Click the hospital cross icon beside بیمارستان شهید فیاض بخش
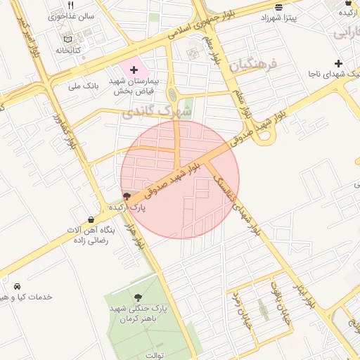(x=134, y=70)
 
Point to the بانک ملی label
(x=82, y=86)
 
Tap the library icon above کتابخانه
(x=67, y=39)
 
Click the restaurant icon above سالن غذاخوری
(x=70, y=6)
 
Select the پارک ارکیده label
(x=127, y=208)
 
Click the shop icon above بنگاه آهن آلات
(x=91, y=219)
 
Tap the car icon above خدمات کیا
(x=15, y=287)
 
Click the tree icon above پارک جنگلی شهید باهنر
(x=138, y=298)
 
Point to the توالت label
(x=154, y=354)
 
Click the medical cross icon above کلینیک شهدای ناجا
(x=338, y=63)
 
